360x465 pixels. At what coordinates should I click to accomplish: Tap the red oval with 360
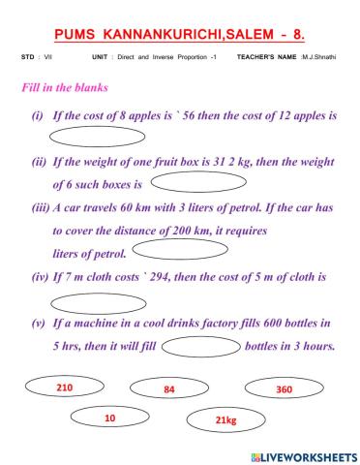tap(284, 387)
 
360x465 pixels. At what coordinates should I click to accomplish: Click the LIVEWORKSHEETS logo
tap(303, 454)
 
